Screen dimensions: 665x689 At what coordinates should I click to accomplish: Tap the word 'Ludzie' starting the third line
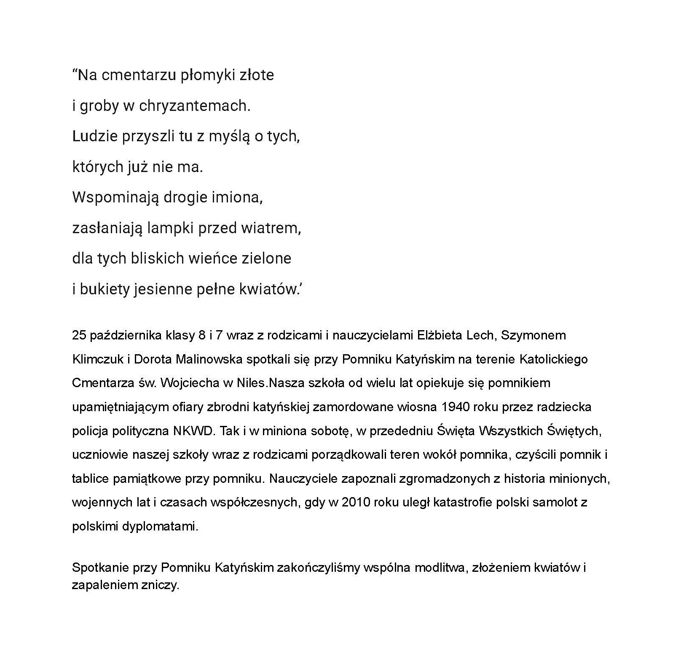tap(95, 137)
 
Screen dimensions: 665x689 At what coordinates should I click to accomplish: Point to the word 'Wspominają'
tap(115, 197)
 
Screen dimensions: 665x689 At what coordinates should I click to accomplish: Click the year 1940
tap(456, 407)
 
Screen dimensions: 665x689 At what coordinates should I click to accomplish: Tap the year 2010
tap(356, 503)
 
